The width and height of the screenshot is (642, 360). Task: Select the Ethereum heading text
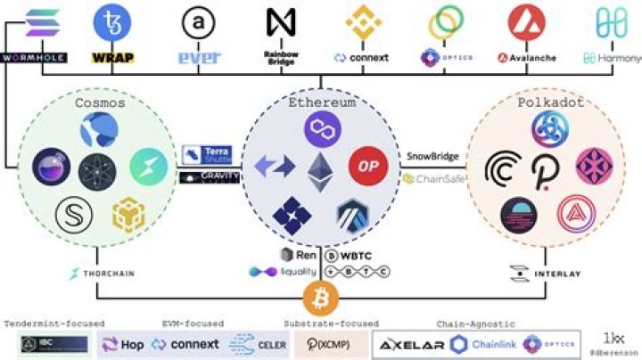pyautogui.click(x=321, y=103)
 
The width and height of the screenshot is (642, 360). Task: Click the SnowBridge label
pyautogui.click(x=432, y=156)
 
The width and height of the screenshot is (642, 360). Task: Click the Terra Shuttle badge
pyautogui.click(x=210, y=153)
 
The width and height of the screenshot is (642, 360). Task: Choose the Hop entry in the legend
pyautogui.click(x=125, y=344)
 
